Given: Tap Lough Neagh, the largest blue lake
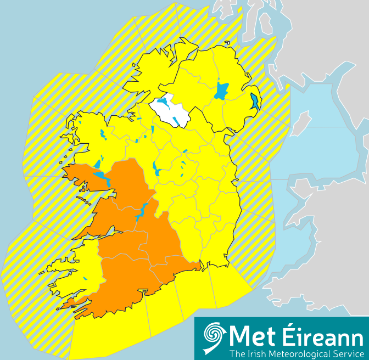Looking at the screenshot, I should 221,91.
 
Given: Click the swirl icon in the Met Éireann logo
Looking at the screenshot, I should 215,336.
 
